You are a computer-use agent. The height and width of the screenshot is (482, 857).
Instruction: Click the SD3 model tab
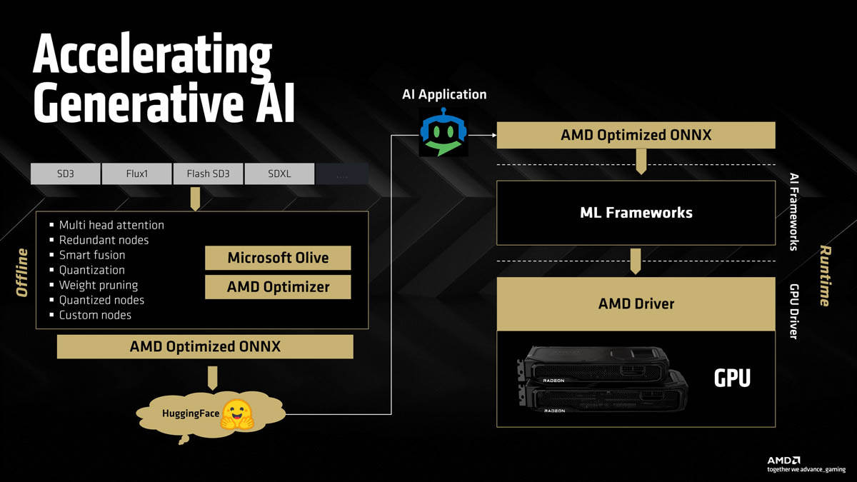65,174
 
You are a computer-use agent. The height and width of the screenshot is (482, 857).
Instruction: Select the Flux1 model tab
136,174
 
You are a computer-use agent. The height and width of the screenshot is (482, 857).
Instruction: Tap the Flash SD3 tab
208,174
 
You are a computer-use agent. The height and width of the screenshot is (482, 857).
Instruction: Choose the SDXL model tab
279,174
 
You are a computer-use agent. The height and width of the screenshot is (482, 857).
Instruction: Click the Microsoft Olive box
278,258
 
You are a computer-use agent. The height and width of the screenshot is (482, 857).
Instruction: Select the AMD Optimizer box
278,287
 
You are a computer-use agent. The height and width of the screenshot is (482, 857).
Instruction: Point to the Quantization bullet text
91,270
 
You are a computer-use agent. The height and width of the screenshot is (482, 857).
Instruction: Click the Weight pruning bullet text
98,285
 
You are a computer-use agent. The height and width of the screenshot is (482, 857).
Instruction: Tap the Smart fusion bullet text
91,255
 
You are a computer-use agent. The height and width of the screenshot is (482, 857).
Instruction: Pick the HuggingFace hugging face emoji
237,414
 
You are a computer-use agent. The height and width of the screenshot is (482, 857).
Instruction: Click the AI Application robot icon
443,132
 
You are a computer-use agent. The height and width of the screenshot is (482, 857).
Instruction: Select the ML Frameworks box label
636,212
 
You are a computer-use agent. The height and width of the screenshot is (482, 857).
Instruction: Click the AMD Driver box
636,303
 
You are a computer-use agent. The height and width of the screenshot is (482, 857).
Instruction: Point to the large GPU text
732,378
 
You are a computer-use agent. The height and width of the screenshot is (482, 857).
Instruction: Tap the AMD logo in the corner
783,461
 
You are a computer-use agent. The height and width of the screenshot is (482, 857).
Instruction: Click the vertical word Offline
22,272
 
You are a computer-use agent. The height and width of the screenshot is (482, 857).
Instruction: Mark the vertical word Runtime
825,276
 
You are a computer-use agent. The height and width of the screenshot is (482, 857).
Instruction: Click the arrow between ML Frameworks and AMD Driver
636,261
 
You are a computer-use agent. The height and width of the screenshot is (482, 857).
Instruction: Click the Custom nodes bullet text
94,315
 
